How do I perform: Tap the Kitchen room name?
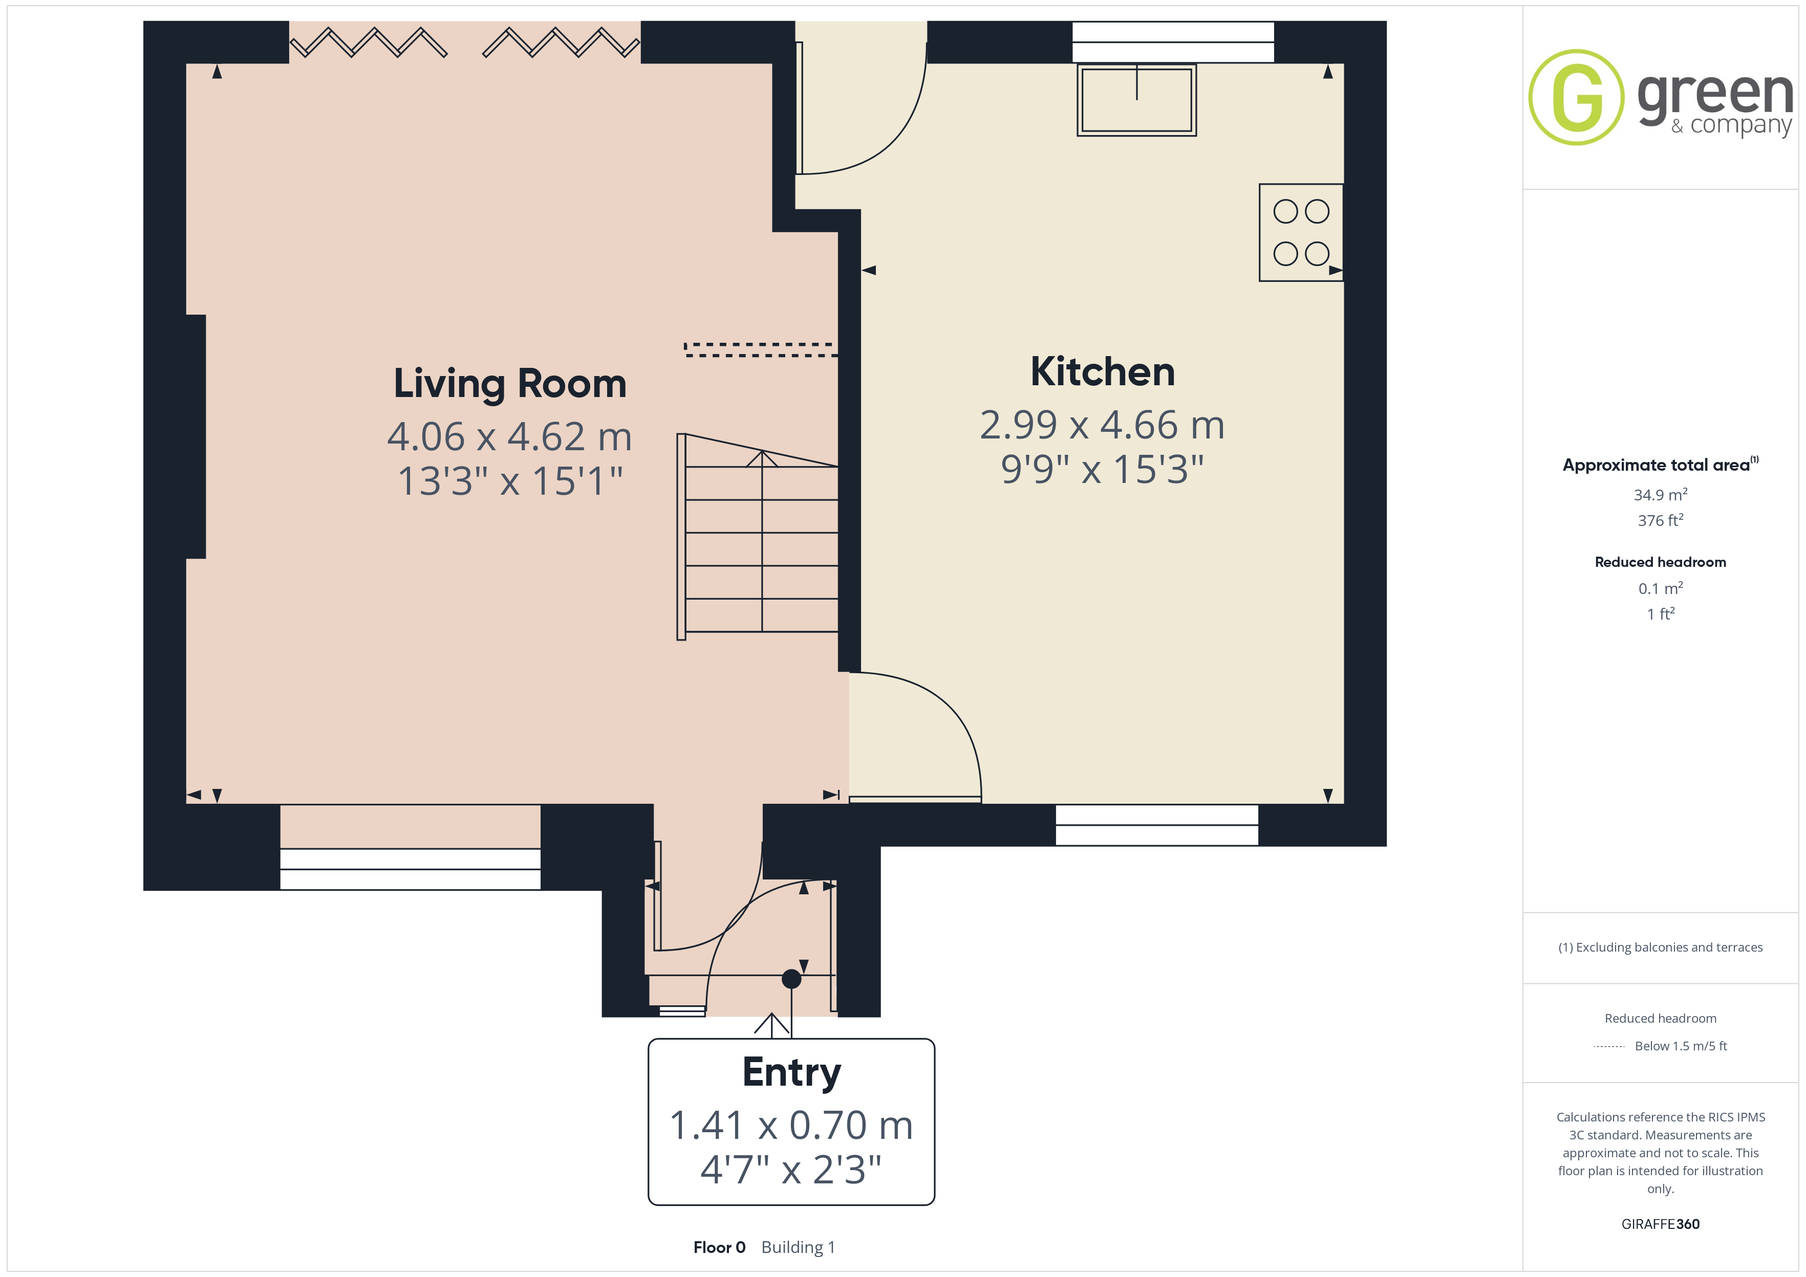[x=1102, y=372]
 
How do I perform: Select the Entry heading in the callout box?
[x=791, y=1072]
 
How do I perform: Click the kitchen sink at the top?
[x=1136, y=100]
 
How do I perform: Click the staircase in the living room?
[x=758, y=536]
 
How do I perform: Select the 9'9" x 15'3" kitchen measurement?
[x=1102, y=470]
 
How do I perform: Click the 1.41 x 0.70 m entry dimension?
[x=791, y=1125]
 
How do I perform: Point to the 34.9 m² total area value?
[x=1661, y=495]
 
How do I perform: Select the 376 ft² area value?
[x=1661, y=520]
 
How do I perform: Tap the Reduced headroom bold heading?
[x=1661, y=562]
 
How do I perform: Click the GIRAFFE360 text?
[x=1661, y=1224]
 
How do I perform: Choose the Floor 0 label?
[x=719, y=1247]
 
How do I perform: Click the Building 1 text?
[x=799, y=1247]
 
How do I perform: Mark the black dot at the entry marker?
[x=791, y=979]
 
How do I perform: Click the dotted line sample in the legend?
[x=1609, y=1047]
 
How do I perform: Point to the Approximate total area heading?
[x=1661, y=465]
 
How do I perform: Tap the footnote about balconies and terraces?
[x=1661, y=948]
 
